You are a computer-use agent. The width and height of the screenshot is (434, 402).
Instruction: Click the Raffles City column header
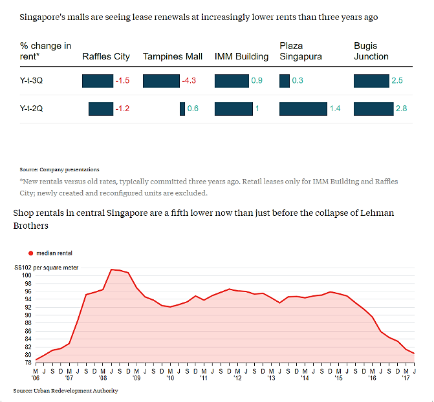pos(106,56)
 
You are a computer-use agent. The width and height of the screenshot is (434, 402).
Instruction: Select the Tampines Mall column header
pos(173,56)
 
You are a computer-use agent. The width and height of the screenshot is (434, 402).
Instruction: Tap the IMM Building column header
pos(241,56)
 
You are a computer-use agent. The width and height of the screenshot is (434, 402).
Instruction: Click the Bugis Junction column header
pos(371,51)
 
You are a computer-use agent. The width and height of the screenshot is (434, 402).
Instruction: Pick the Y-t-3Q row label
pos(33,81)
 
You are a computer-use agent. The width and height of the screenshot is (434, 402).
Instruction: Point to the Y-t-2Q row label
pos(33,109)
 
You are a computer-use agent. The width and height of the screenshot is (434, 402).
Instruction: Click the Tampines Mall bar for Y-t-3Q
pos(161,81)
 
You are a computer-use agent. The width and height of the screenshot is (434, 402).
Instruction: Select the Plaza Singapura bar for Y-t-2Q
pos(303,109)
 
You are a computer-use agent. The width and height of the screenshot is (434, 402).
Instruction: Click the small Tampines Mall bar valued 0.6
pos(182,109)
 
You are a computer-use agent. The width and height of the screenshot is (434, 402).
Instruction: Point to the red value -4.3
pos(189,81)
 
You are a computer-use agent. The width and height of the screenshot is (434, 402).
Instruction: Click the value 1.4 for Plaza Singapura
pos(335,109)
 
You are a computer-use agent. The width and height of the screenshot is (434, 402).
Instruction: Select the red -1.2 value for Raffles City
pos(122,109)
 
